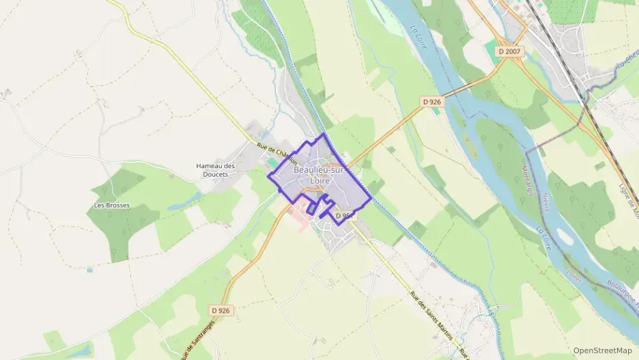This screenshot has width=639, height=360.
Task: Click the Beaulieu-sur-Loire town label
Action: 321,175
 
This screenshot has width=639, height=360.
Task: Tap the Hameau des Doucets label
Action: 215,169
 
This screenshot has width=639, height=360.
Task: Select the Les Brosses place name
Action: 111,205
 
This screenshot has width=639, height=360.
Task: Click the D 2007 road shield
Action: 509,51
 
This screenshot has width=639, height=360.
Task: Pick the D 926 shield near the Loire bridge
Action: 431,102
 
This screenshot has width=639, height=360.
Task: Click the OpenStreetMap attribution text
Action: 602,350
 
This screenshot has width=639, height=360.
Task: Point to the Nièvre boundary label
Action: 545,201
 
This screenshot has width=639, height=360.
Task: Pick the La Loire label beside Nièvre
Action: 544,238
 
